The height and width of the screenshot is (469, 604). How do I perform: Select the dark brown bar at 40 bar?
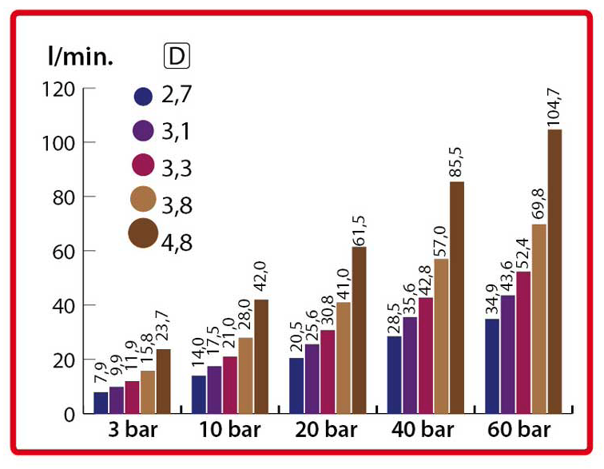(x=457, y=297)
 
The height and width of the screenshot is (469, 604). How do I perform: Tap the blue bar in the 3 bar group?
(x=101, y=403)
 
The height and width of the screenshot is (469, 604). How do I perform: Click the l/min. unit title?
(x=82, y=57)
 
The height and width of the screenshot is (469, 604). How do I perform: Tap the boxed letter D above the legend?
(x=174, y=56)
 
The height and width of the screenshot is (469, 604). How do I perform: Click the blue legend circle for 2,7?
(x=144, y=96)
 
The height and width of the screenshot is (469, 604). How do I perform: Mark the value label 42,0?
(x=262, y=279)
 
